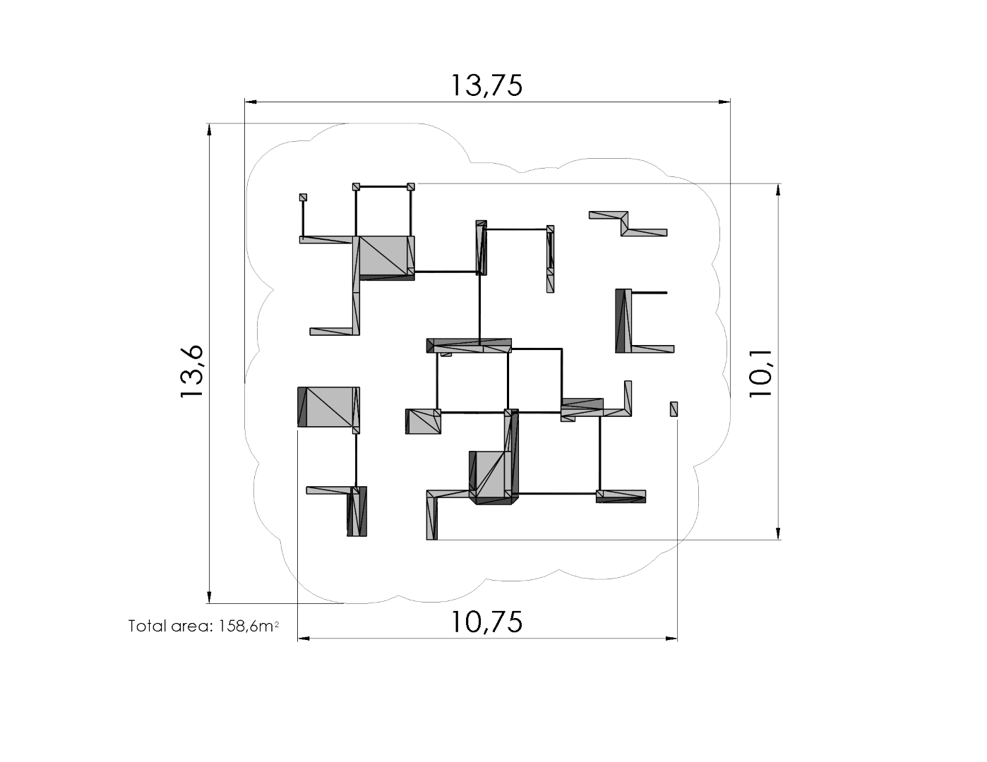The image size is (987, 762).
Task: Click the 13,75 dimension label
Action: [x=486, y=85]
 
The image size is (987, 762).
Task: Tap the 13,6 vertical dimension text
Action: [x=191, y=372]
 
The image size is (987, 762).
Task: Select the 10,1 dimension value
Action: [x=760, y=373]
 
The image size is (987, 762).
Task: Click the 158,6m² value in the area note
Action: [x=249, y=627]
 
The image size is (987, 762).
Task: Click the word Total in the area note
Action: [x=147, y=627]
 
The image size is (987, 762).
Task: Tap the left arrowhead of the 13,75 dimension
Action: [x=251, y=102]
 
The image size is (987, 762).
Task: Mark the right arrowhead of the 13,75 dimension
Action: [x=724, y=102]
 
